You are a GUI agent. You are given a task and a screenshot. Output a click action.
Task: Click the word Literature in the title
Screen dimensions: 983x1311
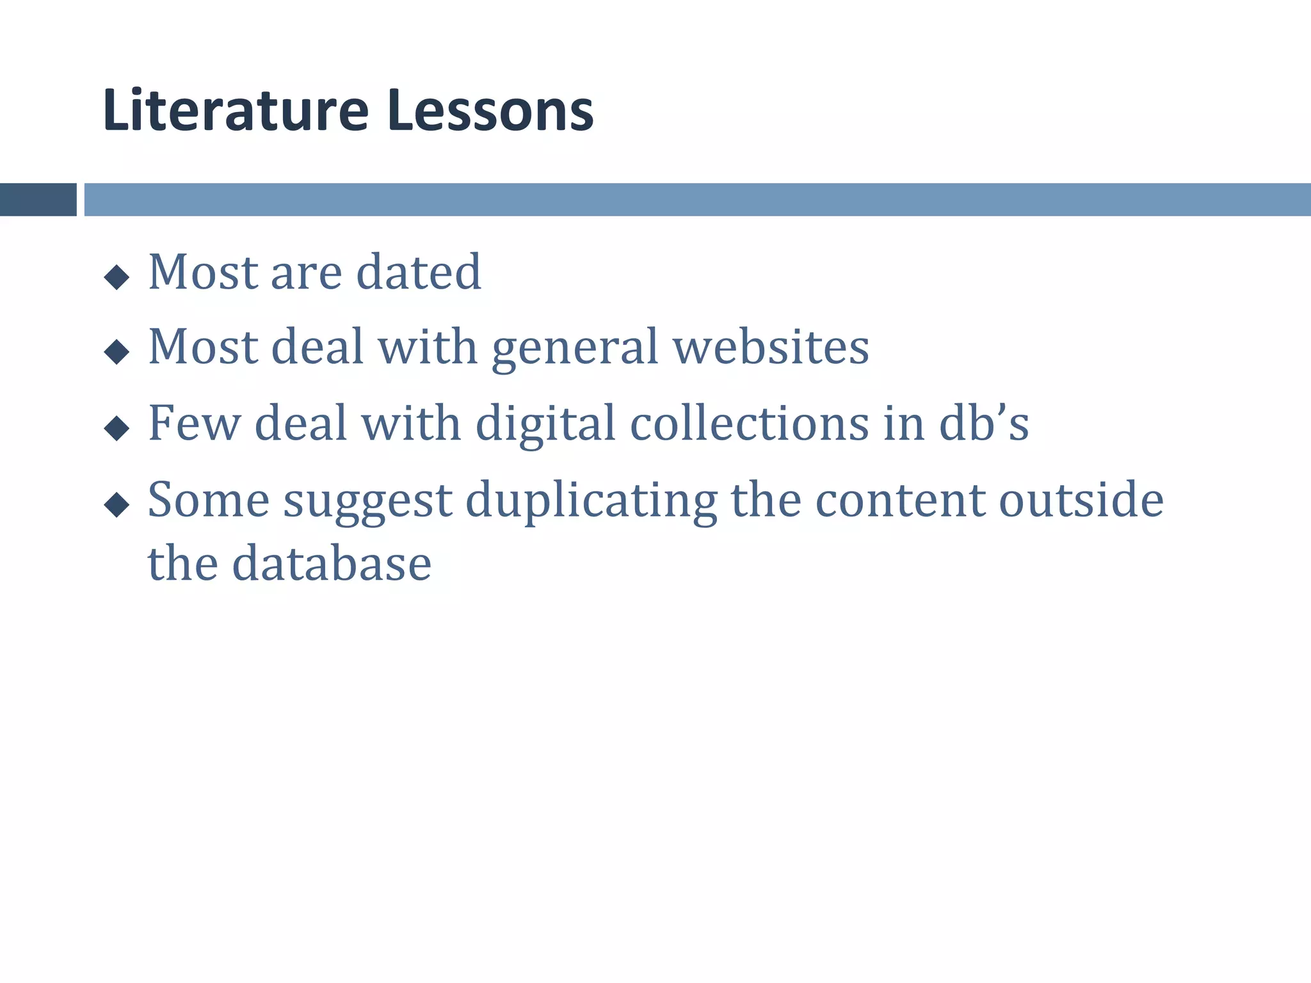click(236, 111)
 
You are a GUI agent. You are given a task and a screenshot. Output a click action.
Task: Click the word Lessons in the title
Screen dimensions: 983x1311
click(490, 111)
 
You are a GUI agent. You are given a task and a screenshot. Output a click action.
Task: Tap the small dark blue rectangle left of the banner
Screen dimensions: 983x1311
click(38, 200)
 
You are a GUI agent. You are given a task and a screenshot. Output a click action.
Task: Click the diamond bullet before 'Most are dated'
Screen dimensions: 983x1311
click(117, 278)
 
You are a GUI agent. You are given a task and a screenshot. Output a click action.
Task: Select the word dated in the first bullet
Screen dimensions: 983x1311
click(418, 273)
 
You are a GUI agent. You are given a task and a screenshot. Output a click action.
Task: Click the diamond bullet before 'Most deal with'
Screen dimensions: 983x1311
click(117, 351)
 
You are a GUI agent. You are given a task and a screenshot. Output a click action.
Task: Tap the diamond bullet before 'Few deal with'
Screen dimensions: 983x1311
click(117, 428)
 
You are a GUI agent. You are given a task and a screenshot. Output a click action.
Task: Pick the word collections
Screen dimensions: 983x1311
click(750, 423)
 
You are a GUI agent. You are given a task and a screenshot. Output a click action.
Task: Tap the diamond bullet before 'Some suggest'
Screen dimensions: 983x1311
click(117, 504)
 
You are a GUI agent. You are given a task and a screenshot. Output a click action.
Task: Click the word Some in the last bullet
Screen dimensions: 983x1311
click(209, 500)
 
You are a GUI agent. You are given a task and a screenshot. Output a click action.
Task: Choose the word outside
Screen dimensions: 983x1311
click(1081, 500)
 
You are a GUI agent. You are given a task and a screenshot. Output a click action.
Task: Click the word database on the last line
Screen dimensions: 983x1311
click(332, 564)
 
